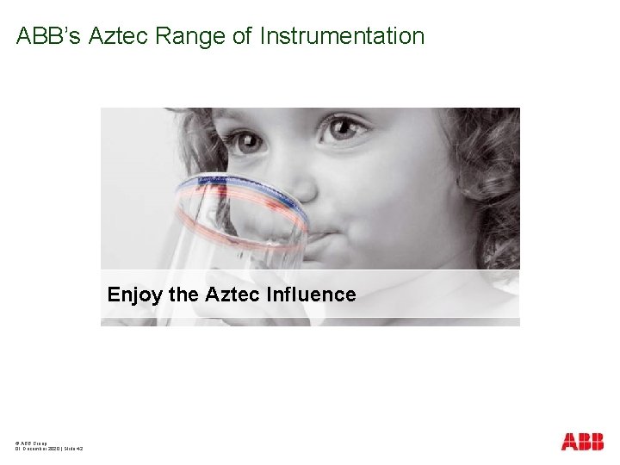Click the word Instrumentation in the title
(342, 36)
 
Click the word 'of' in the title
(246, 36)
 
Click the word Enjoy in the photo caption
(134, 295)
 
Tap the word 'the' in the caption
(183, 294)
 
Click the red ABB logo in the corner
(582, 442)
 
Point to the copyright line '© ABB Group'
(31, 442)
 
